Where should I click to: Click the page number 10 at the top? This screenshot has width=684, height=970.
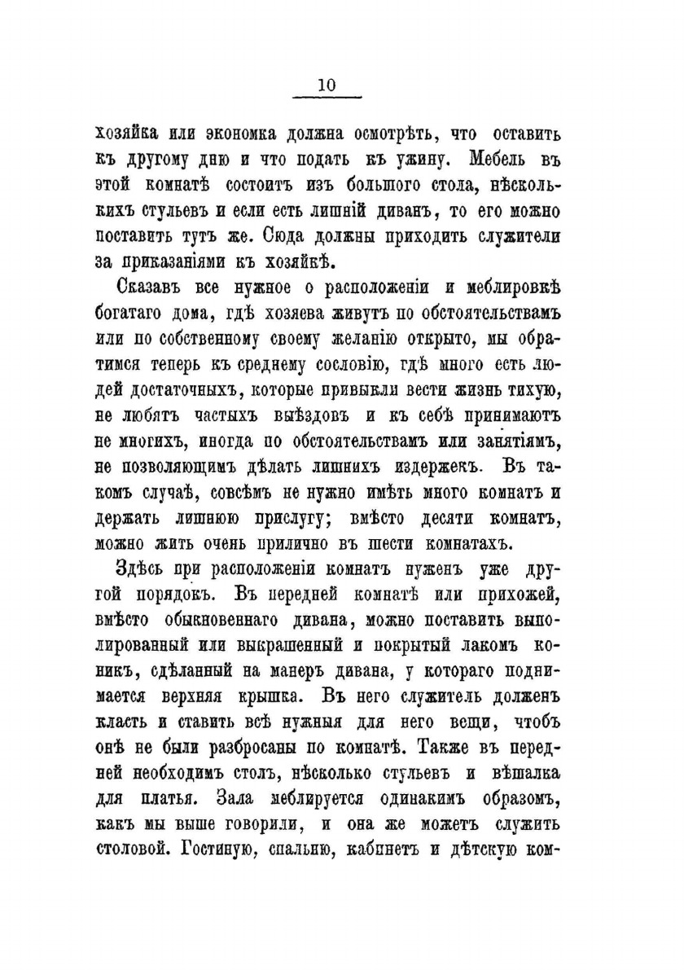326,85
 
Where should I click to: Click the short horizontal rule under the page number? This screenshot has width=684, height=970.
326,99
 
